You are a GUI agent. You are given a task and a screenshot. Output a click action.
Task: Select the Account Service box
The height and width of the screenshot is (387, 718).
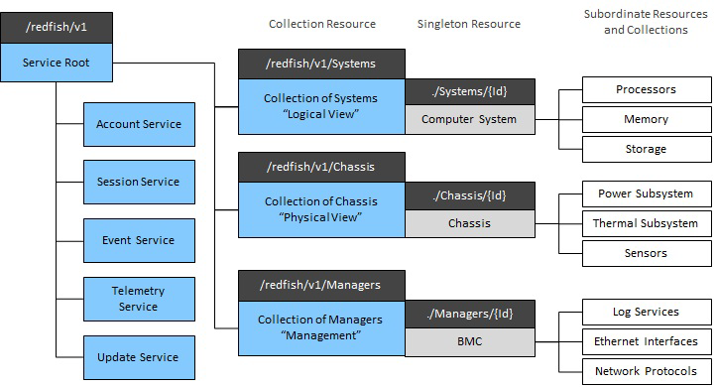[138, 124]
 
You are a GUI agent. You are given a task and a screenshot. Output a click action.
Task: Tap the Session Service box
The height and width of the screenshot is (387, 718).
[138, 182]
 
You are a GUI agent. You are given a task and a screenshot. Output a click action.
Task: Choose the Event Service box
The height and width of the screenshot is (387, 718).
[138, 240]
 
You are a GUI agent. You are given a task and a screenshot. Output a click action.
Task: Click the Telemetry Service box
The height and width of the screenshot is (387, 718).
[138, 299]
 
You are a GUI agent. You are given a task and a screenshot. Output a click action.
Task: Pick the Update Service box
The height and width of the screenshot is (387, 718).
[138, 356]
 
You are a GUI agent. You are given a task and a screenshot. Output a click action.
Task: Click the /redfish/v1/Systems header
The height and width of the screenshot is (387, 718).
[321, 64]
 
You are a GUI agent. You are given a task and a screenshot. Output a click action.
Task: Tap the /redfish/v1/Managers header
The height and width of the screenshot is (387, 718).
[321, 285]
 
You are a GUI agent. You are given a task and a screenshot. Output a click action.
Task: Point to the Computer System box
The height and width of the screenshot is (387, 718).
[469, 119]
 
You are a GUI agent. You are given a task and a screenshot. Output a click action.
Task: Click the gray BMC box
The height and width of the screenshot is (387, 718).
[469, 340]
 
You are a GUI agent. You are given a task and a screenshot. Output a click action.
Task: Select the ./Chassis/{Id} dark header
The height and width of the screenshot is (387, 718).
[469, 195]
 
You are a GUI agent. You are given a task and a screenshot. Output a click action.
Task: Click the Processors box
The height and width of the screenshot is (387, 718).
[646, 89]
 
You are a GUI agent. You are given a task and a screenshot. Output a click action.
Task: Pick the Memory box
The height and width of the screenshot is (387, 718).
[646, 119]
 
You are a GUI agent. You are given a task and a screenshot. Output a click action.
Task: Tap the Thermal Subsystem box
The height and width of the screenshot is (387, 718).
[646, 223]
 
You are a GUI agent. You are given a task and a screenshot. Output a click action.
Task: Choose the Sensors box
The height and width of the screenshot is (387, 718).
[646, 253]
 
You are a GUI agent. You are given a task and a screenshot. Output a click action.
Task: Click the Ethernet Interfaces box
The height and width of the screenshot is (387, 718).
[646, 341]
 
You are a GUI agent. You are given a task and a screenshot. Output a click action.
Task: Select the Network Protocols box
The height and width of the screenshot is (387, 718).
[646, 371]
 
